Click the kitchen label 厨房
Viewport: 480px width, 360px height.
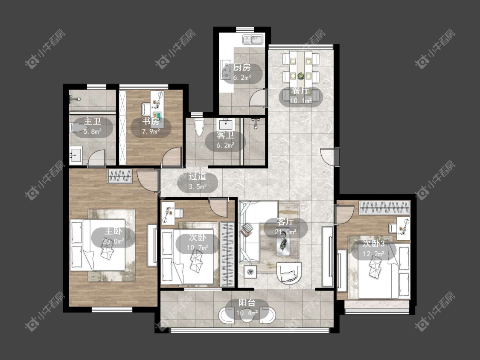[242, 67]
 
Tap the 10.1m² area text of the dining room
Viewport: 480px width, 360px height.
[301, 100]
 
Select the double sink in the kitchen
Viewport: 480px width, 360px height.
[253, 40]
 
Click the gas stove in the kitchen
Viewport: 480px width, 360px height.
[226, 69]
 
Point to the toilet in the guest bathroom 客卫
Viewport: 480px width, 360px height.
[199, 128]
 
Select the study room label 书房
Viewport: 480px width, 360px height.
[151, 121]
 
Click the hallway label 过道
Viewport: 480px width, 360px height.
[198, 176]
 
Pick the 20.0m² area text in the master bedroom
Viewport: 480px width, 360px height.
[113, 241]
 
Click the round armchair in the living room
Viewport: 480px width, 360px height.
[289, 273]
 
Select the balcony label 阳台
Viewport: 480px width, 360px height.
[247, 303]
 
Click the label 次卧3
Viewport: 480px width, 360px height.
[374, 244]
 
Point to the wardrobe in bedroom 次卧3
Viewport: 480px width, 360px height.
[384, 208]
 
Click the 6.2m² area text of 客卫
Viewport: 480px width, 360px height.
[226, 145]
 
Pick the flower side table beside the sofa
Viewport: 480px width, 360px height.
[251, 272]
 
